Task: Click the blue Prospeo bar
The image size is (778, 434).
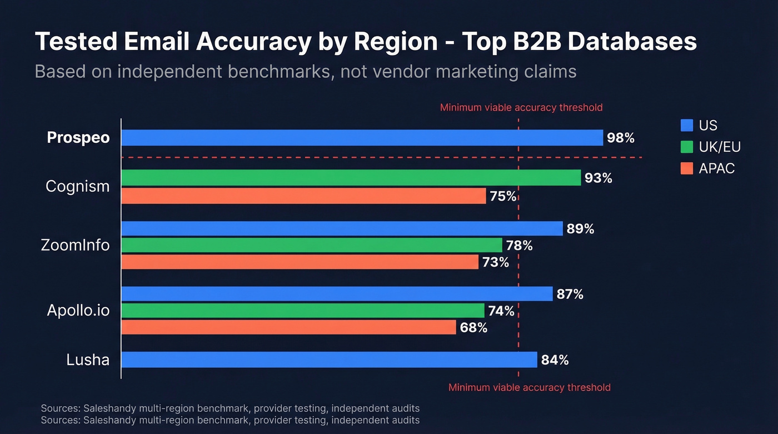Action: click(x=362, y=138)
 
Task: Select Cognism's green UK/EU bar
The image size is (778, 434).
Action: click(x=351, y=178)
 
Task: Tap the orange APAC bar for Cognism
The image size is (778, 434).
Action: click(x=303, y=196)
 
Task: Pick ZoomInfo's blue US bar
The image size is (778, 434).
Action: click(x=342, y=228)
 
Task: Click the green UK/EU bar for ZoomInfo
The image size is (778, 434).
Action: click(x=311, y=245)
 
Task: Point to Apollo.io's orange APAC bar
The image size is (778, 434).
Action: click(x=288, y=327)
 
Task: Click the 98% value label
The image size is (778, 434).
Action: click(x=621, y=138)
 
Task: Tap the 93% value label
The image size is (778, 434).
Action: click(x=599, y=178)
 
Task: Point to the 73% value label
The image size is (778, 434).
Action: click(x=496, y=262)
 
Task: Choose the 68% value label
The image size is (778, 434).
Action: click(x=473, y=327)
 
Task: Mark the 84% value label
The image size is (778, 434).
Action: click(x=555, y=360)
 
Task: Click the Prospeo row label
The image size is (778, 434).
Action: click(x=78, y=138)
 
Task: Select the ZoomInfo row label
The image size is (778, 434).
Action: click(x=76, y=245)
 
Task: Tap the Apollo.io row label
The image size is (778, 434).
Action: click(x=78, y=310)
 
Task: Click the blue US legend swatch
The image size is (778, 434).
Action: click(x=687, y=125)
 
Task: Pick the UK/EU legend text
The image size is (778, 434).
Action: click(x=720, y=147)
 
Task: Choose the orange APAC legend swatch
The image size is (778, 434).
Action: click(x=687, y=168)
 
